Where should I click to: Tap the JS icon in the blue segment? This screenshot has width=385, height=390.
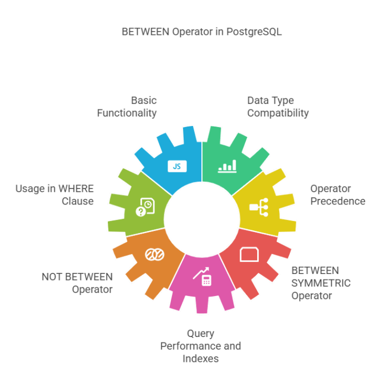(176, 166)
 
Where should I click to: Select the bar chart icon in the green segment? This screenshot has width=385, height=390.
(227, 165)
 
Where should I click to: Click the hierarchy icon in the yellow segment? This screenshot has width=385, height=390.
(258, 207)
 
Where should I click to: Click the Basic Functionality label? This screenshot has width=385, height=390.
(127, 107)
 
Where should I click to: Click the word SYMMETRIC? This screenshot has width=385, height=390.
(321, 283)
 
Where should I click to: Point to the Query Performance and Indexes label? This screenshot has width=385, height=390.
(201, 346)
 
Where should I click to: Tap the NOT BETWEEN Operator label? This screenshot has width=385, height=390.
(77, 283)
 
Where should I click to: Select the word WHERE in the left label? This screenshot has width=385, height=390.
(75, 188)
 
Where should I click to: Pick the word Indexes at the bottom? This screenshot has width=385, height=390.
(201, 359)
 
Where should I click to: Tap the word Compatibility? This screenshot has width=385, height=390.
(278, 113)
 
